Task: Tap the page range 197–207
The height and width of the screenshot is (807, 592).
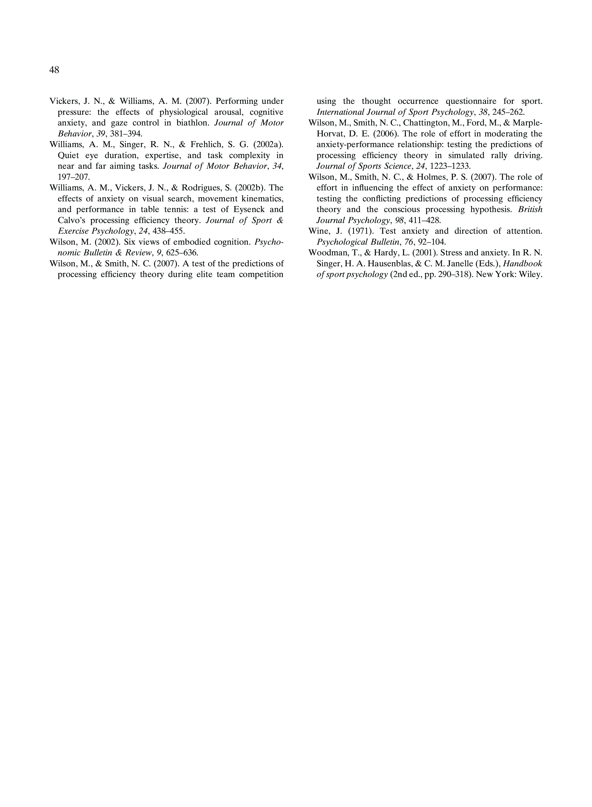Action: [x=74, y=177]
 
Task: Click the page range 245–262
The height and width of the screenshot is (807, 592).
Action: [x=508, y=112]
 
